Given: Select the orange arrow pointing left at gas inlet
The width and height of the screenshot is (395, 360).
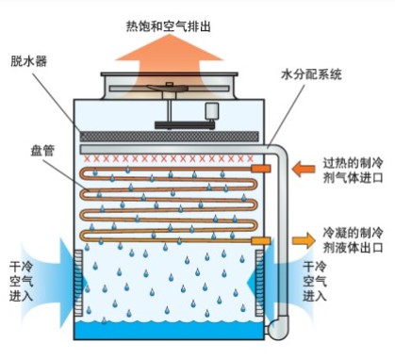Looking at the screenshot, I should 304,169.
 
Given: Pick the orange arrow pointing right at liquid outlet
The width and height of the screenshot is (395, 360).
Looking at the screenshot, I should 303,214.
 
